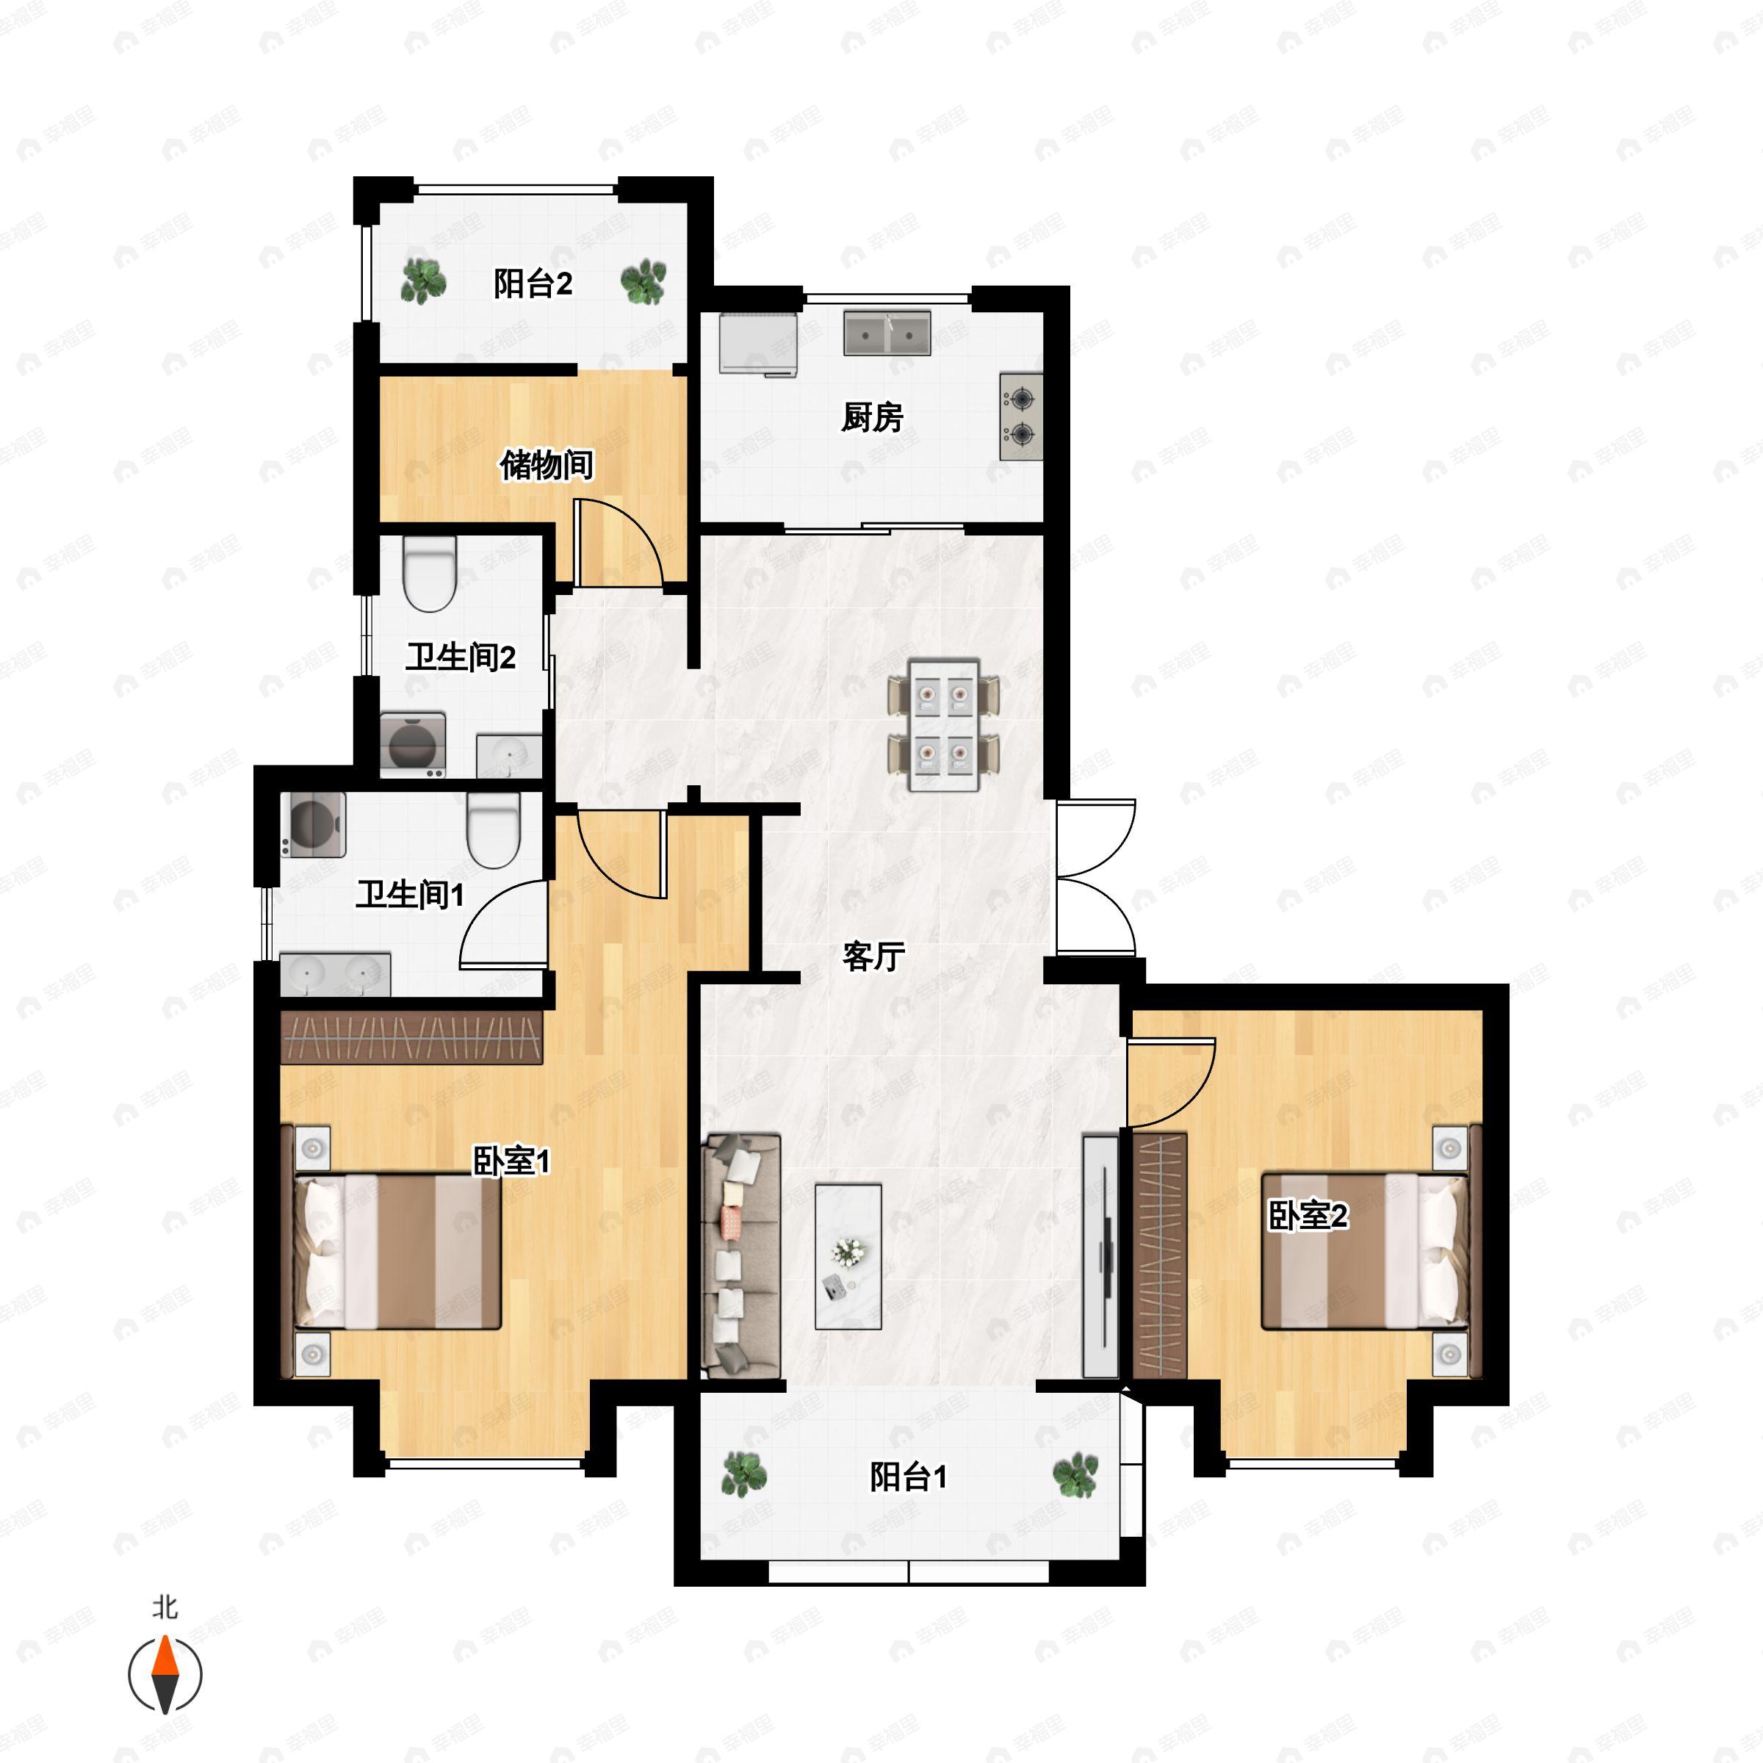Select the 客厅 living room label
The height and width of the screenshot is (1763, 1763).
click(x=873, y=956)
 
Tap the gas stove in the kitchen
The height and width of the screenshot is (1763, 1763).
click(x=1021, y=416)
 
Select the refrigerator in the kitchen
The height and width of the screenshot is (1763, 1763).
click(x=758, y=344)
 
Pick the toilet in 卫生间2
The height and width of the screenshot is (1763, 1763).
click(x=429, y=573)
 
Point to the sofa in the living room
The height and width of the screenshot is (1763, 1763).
click(x=740, y=1255)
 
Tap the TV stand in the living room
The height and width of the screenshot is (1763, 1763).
click(x=1100, y=1255)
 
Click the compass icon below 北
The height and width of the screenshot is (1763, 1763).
click(x=165, y=1675)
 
